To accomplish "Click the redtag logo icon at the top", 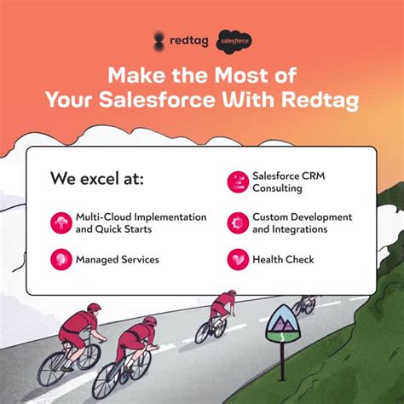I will click(x=159, y=39).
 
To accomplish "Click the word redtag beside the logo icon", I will click(x=188, y=39).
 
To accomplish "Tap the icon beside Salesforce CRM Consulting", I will click(x=237, y=181).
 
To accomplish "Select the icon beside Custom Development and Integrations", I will click(x=237, y=222).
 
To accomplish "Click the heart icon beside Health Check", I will click(x=237, y=258).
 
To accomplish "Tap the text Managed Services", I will click(x=117, y=258).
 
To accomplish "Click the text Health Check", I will click(x=283, y=258).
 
